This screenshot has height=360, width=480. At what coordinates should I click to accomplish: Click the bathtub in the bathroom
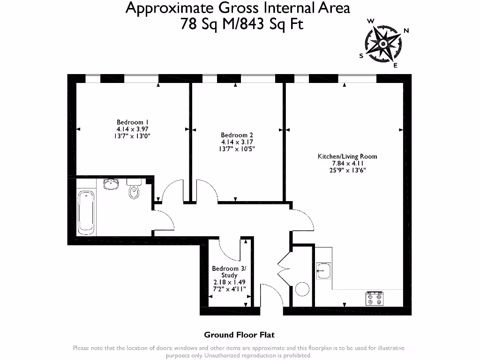[x=86, y=212]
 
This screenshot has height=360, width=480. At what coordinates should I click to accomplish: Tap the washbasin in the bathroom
[x=111, y=184]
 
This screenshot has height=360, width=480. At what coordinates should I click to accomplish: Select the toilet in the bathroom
[x=134, y=189]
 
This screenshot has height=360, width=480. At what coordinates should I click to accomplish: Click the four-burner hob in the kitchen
[x=375, y=298]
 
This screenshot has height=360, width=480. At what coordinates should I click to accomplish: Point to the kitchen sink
[x=323, y=270]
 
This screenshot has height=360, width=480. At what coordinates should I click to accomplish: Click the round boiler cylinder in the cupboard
[x=302, y=289]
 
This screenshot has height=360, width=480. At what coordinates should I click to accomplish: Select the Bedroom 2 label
[x=237, y=135]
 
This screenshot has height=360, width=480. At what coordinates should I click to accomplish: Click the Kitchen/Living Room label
[x=347, y=157]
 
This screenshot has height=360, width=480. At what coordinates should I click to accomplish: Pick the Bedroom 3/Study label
[x=229, y=272]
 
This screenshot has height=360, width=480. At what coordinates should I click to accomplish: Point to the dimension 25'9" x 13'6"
[x=347, y=170]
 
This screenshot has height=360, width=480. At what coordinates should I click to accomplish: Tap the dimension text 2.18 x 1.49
[x=229, y=283]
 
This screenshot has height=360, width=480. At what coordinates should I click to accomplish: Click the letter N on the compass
[x=406, y=31]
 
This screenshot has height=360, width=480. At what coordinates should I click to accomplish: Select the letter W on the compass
[x=370, y=21]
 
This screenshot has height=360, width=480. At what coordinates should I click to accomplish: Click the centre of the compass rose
[x=383, y=44]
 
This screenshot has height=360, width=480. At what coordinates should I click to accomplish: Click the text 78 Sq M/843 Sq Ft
[x=242, y=24]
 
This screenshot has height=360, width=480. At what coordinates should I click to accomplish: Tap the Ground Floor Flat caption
[x=239, y=335]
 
